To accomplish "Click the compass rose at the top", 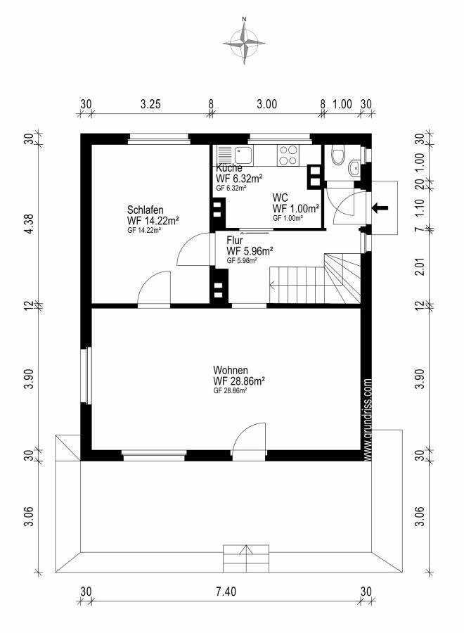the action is [x=244, y=41].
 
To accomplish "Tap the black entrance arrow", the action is [x=380, y=208].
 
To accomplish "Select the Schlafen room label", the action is [x=146, y=210].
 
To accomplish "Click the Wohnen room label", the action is [x=231, y=370].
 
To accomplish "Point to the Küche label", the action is [x=229, y=168].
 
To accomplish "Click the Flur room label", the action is [x=234, y=241].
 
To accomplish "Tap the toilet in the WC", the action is [x=337, y=155].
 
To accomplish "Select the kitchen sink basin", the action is [x=244, y=155].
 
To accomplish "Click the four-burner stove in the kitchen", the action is [x=288, y=155].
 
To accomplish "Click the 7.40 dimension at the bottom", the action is [x=226, y=592].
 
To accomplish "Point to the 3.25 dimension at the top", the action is [x=150, y=104].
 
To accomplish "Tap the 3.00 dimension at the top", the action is [x=266, y=104].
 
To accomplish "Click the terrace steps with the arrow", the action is [x=246, y=558].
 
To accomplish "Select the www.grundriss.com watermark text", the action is [x=367, y=419].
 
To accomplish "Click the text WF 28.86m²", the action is [x=238, y=381].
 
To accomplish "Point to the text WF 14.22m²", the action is [x=153, y=221].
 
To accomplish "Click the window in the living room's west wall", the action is [x=86, y=375].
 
